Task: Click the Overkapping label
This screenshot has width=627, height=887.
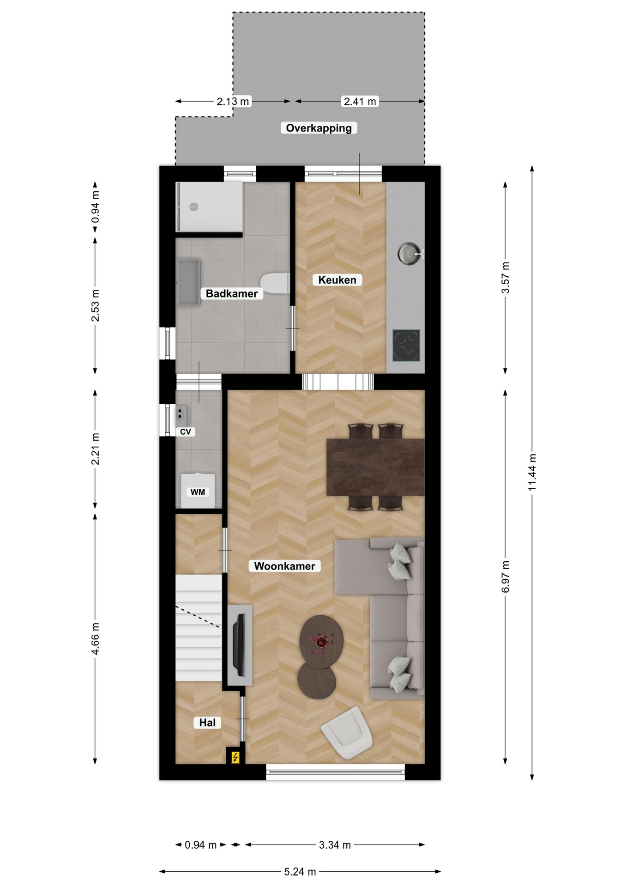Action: (x=319, y=128)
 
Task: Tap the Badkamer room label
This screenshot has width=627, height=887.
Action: (x=232, y=293)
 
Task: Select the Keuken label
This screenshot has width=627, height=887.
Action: (x=337, y=279)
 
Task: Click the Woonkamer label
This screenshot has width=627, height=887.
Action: (x=284, y=566)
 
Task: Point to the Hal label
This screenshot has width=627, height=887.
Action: (x=207, y=723)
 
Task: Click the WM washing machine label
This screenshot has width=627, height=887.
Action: (x=198, y=492)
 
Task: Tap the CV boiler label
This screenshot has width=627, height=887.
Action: (x=186, y=431)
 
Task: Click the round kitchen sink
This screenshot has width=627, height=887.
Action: (x=410, y=254)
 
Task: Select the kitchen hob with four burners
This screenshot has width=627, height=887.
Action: (x=406, y=345)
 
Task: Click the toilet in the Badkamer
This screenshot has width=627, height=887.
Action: (x=275, y=283)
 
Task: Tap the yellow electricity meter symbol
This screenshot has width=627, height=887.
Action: (x=235, y=757)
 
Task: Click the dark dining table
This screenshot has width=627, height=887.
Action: (x=375, y=467)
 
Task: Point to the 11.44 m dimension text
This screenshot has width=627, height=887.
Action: (x=532, y=472)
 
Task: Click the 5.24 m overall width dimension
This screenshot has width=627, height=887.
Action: (x=300, y=872)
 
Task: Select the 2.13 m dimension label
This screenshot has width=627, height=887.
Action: (x=233, y=101)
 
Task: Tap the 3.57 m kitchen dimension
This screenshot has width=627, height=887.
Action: (x=506, y=278)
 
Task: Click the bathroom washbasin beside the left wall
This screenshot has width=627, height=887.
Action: (x=189, y=282)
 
